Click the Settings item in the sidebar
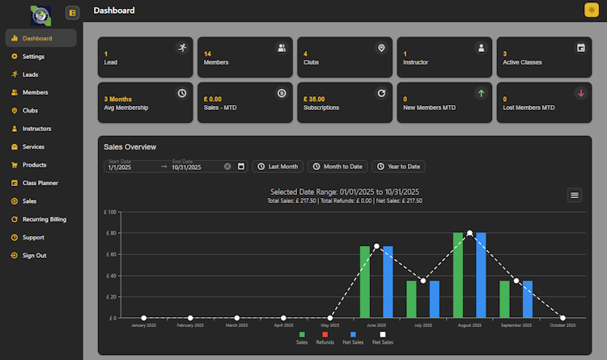pyautogui.click(x=33, y=57)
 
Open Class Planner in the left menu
pyautogui.click(x=40, y=183)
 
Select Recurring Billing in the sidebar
pyautogui.click(x=45, y=219)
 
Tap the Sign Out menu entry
pyautogui.click(x=34, y=256)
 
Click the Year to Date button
pyautogui.click(x=398, y=167)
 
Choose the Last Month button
pyautogui.click(x=278, y=167)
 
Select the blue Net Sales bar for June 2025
pyautogui.click(x=388, y=282)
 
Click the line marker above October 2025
pyautogui.click(x=562, y=318)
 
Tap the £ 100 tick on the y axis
pyautogui.click(x=111, y=212)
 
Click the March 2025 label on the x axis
pyautogui.click(x=237, y=325)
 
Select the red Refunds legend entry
pyautogui.click(x=325, y=338)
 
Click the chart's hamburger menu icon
pyautogui.click(x=575, y=194)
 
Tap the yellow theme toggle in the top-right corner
pyautogui.click(x=591, y=11)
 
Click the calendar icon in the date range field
pyautogui.click(x=241, y=167)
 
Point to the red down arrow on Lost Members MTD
pyautogui.click(x=580, y=94)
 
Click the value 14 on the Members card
pyautogui.click(x=208, y=53)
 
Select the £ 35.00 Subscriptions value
pyautogui.click(x=314, y=99)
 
